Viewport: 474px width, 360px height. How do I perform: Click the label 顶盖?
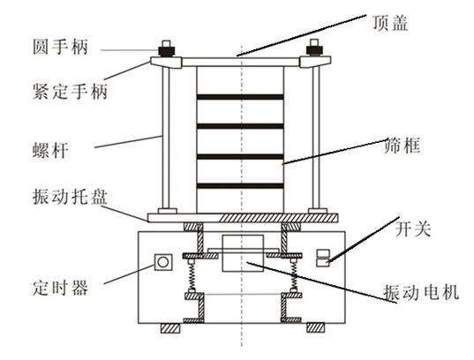point(390,23)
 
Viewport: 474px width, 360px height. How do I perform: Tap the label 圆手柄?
point(60,47)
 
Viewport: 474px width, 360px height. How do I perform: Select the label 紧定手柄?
point(70,91)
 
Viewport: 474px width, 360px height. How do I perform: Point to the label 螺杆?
point(50,150)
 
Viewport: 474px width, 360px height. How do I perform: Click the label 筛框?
point(403,146)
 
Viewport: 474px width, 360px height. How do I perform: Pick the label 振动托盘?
point(70,197)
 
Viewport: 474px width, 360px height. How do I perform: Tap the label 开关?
point(413,229)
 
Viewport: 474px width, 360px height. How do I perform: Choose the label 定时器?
point(60,288)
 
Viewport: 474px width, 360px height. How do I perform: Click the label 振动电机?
point(421,292)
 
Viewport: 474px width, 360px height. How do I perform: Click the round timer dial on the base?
point(163,262)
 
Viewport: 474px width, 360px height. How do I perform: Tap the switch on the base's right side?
point(323,259)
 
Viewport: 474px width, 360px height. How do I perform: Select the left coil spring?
point(192,276)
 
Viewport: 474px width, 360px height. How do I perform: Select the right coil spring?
point(293,276)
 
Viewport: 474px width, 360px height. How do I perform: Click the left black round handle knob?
point(166,50)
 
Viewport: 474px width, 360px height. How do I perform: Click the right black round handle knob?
point(315,50)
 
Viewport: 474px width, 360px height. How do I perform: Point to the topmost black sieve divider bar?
point(240,97)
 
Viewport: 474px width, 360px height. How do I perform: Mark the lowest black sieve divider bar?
point(240,185)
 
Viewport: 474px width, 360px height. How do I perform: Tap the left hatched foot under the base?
point(170,328)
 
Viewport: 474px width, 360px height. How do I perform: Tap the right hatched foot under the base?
point(316,328)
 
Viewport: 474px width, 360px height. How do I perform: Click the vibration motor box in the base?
point(243,253)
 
